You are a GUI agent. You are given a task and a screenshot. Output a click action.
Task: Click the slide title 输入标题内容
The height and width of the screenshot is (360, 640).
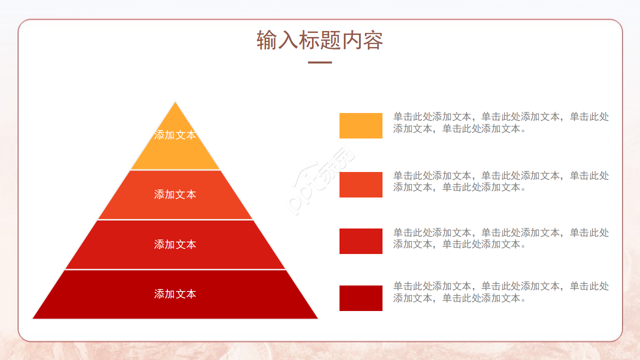pos(320,40)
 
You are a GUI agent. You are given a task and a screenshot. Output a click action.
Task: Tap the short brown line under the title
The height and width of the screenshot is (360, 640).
pos(320,62)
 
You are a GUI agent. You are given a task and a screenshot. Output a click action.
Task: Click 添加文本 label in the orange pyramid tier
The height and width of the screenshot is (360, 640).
pos(175,135)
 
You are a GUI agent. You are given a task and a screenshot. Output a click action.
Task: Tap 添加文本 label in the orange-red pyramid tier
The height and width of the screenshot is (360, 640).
pos(175,194)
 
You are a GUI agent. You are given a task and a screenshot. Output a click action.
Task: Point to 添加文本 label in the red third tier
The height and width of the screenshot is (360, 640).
pos(175,244)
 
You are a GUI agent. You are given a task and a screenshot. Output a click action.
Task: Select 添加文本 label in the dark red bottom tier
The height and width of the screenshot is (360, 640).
pos(175,294)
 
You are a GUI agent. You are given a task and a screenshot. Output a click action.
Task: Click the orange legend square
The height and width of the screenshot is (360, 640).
pos(360,125)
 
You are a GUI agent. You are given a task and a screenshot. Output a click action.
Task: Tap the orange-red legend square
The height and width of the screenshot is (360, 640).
pos(360,184)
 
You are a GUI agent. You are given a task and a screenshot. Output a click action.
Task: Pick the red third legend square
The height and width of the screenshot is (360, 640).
pos(360,241)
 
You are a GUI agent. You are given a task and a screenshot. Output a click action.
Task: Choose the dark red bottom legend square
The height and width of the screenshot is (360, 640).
pos(360,298)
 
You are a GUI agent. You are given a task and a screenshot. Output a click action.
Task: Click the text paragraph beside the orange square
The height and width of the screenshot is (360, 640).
pos(500,122)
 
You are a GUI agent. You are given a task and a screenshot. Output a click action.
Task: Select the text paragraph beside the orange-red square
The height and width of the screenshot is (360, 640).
pos(500,181)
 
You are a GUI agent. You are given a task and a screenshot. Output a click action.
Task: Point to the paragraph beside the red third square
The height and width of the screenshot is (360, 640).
pos(500,238)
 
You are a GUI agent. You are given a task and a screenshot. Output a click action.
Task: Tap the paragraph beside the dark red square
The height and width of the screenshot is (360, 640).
pos(500,292)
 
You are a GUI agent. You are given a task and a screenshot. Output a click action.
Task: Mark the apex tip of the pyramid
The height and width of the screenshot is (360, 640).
pos(175,103)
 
